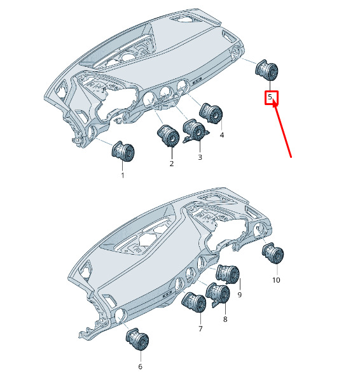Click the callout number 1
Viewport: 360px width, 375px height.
123,175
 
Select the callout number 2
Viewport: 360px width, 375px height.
172,164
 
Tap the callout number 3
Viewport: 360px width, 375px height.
200,157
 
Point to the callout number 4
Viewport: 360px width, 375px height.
222,135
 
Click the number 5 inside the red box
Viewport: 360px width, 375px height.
270,97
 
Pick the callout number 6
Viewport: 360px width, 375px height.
140,366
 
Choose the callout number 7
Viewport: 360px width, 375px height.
200,329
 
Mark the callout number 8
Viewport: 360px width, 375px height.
225,319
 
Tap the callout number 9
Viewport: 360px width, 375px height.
240,295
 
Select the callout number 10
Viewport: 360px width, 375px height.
276,280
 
